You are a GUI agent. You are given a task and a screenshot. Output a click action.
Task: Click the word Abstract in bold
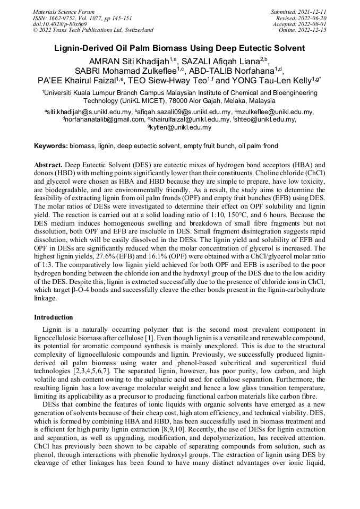tap(49, 165)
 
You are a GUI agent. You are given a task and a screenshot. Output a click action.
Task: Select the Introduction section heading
tap(53, 317)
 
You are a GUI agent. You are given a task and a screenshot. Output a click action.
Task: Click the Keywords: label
tap(51, 145)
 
